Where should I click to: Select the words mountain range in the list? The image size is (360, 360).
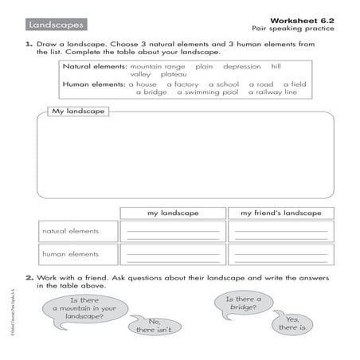pos(156,67)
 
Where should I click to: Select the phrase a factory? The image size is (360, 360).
pos(182,83)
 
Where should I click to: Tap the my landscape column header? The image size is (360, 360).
pos(173,213)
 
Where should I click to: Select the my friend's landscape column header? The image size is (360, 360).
pos(280,213)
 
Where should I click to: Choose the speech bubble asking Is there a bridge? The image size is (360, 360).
pos(237,303)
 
